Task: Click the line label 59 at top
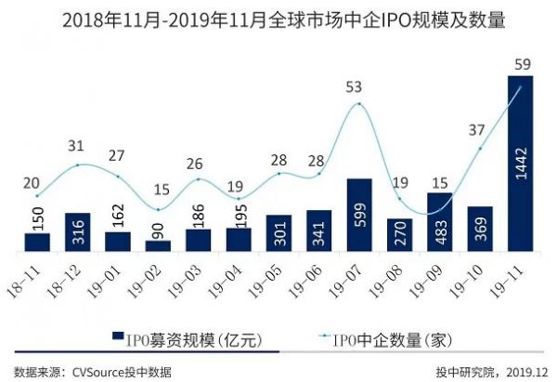pyautogui.click(x=522, y=64)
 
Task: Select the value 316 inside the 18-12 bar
pyautogui.click(x=78, y=233)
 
